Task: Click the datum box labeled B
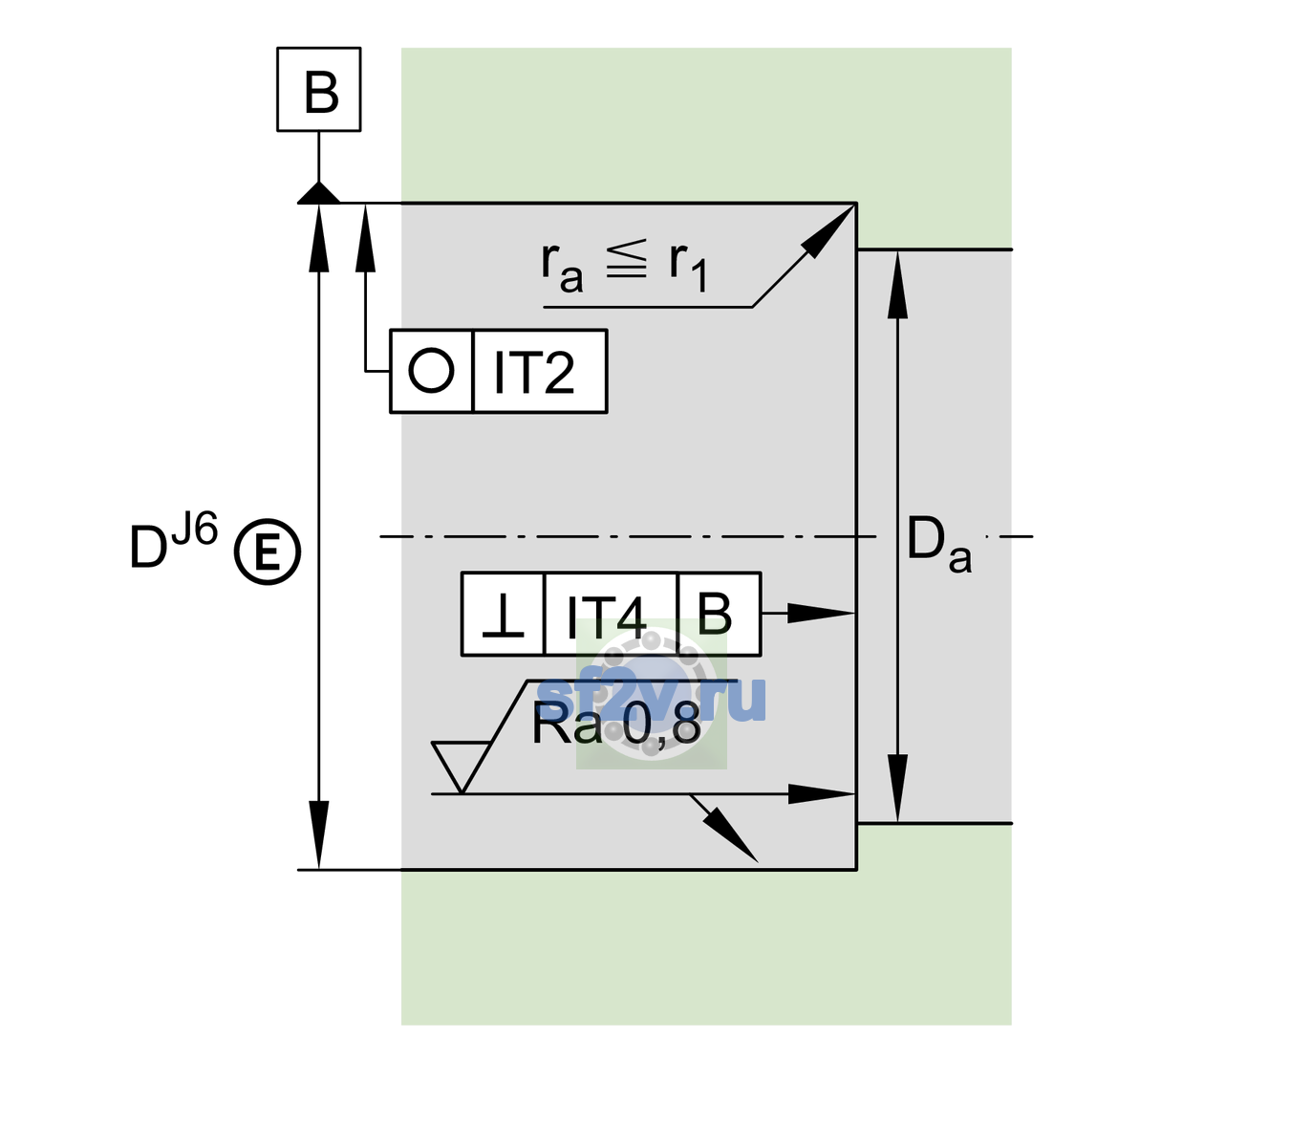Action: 318,89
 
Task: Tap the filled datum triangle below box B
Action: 318,193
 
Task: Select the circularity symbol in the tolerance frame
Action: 431,371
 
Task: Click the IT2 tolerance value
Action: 533,372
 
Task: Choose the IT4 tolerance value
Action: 606,616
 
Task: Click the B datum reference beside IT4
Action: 715,613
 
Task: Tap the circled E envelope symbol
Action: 268,552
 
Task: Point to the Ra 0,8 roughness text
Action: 616,725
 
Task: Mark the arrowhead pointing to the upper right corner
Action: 828,230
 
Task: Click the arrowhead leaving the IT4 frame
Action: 820,613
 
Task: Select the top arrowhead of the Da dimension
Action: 897,284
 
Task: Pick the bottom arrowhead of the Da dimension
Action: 897,788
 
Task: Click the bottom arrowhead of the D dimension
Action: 318,835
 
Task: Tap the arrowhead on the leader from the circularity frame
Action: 365,238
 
